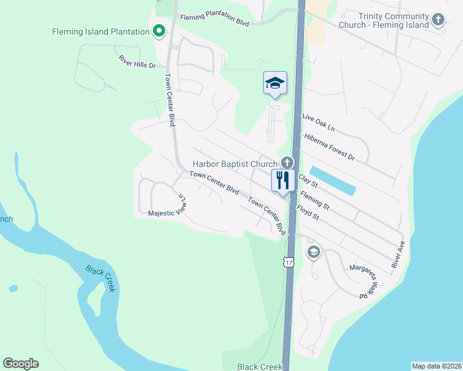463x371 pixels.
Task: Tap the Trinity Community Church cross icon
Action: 438,20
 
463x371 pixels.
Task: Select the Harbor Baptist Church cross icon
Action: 287,163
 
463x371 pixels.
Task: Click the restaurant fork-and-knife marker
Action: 282,181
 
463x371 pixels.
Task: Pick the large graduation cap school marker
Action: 275,83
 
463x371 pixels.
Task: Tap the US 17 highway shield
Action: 289,262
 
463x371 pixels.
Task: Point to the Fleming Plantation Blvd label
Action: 214,20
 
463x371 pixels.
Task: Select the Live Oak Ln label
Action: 318,122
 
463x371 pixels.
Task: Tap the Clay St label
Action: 308,181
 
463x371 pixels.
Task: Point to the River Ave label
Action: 397,254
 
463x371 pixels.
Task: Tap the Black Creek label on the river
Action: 100,278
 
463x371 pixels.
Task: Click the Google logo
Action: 20,364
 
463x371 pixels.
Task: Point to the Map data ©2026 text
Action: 436,366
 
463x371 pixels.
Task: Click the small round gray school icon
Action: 313,252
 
